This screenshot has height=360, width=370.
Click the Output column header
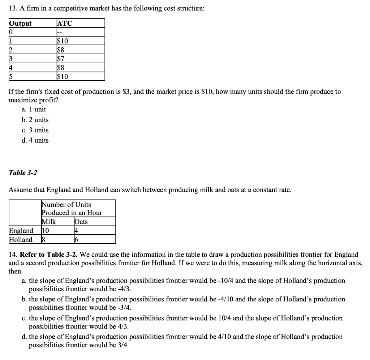tap(20, 24)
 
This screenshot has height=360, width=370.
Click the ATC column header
tap(65, 24)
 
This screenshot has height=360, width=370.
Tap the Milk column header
tap(49, 221)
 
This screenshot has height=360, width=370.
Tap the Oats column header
tap(81, 221)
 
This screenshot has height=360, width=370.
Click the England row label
tap(21, 230)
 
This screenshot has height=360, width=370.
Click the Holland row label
tap(21, 239)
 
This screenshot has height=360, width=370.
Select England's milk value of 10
tap(45, 230)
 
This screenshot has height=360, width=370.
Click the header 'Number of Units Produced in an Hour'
tap(72, 209)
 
